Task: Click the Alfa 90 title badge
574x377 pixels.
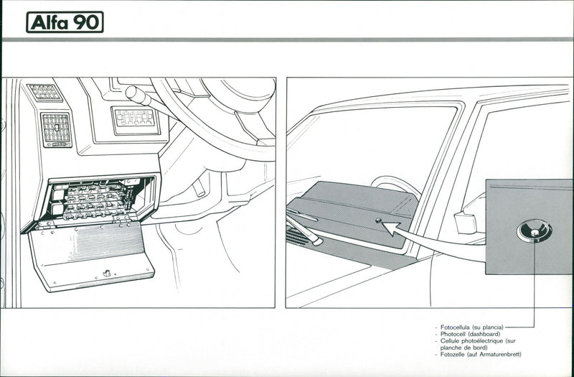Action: pos(65,22)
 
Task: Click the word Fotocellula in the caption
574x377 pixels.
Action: pos(457,327)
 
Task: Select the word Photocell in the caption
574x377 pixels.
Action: pos(455,334)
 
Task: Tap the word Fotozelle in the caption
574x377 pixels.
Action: pos(455,355)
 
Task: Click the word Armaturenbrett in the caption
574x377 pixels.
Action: pos(502,355)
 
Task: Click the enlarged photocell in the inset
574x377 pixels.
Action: pos(535,231)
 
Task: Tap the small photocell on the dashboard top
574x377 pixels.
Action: pos(378,220)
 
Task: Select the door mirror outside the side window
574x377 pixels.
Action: pos(465,221)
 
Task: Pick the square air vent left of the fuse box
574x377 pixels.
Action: pos(57,129)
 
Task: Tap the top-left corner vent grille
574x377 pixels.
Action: pos(45,92)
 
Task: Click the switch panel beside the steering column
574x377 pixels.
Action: pos(135,118)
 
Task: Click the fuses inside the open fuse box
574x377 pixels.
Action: pos(93,201)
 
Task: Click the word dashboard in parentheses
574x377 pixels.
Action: pos(488,334)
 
